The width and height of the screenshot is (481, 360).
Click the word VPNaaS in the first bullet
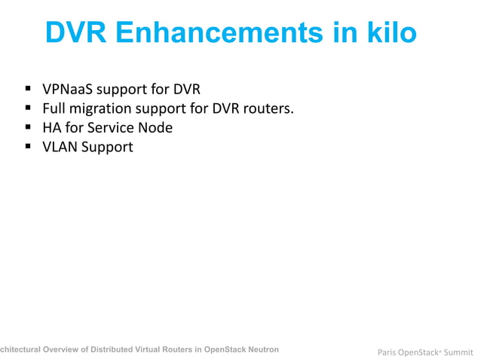pos(68,89)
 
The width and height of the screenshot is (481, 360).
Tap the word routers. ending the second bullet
pos(268,108)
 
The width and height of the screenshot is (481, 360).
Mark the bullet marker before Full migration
pos(28,109)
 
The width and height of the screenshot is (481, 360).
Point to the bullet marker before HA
pos(28,128)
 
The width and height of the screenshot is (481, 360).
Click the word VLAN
pos(59,147)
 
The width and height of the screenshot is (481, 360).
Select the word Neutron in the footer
pos(262,349)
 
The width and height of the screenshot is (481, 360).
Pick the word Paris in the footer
pos(387,351)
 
